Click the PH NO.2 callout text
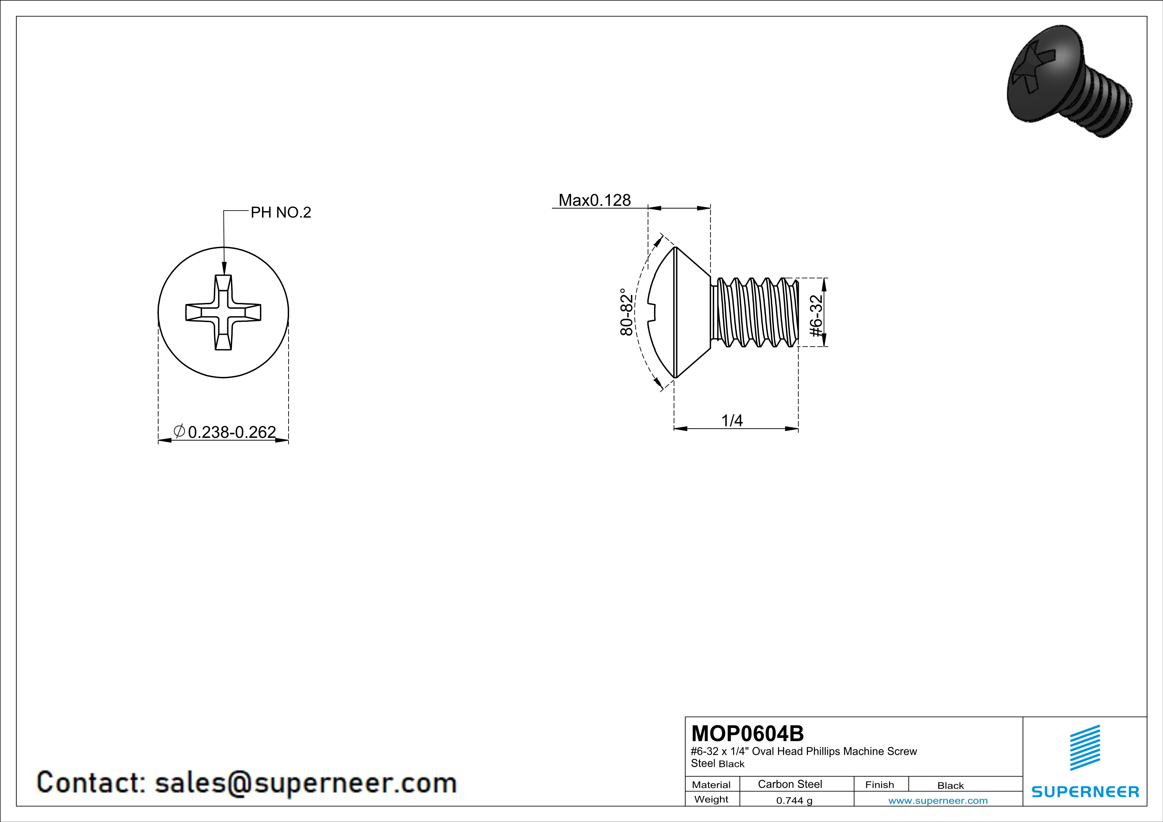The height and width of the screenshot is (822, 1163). [x=281, y=212]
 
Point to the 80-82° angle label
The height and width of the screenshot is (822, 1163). [x=626, y=312]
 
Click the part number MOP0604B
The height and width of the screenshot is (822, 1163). [x=747, y=734]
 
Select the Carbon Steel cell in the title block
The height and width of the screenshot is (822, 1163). [x=790, y=784]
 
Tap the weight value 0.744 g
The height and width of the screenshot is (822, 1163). [x=794, y=800]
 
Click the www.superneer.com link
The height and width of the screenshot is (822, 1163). [x=937, y=800]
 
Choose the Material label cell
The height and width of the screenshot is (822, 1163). [x=711, y=785]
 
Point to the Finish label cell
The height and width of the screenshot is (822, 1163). [x=879, y=785]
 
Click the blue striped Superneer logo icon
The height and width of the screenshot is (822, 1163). [x=1084, y=748]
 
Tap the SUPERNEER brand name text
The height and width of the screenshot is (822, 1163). [x=1085, y=792]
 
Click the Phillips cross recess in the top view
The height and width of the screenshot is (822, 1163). [x=224, y=312]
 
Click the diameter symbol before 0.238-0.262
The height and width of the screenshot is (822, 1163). [x=179, y=431]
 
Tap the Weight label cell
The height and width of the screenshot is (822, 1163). [x=711, y=799]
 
